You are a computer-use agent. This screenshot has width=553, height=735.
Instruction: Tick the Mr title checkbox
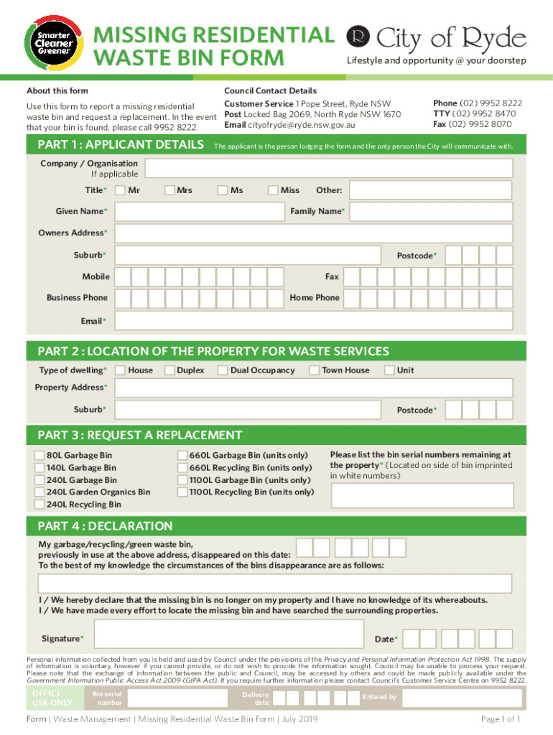120,190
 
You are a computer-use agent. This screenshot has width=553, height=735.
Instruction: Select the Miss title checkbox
273,190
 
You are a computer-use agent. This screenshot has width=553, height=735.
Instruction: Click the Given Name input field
197,212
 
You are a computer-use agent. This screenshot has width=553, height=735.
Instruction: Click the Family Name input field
431,212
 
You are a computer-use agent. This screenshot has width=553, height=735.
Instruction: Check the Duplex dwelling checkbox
169,370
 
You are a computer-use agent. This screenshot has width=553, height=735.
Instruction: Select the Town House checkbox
315,370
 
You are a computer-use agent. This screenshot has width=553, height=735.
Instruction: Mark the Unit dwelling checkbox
389,370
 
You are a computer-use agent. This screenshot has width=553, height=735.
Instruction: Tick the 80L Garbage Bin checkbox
39,455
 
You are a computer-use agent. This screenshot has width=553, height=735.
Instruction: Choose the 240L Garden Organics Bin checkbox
39,492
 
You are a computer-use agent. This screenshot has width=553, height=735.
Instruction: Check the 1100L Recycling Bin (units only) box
182,492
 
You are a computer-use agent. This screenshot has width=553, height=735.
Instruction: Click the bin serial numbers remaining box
422,495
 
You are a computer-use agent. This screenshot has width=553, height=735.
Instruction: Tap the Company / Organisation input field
328,169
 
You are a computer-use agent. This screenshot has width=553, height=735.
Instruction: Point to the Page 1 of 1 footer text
501,719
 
